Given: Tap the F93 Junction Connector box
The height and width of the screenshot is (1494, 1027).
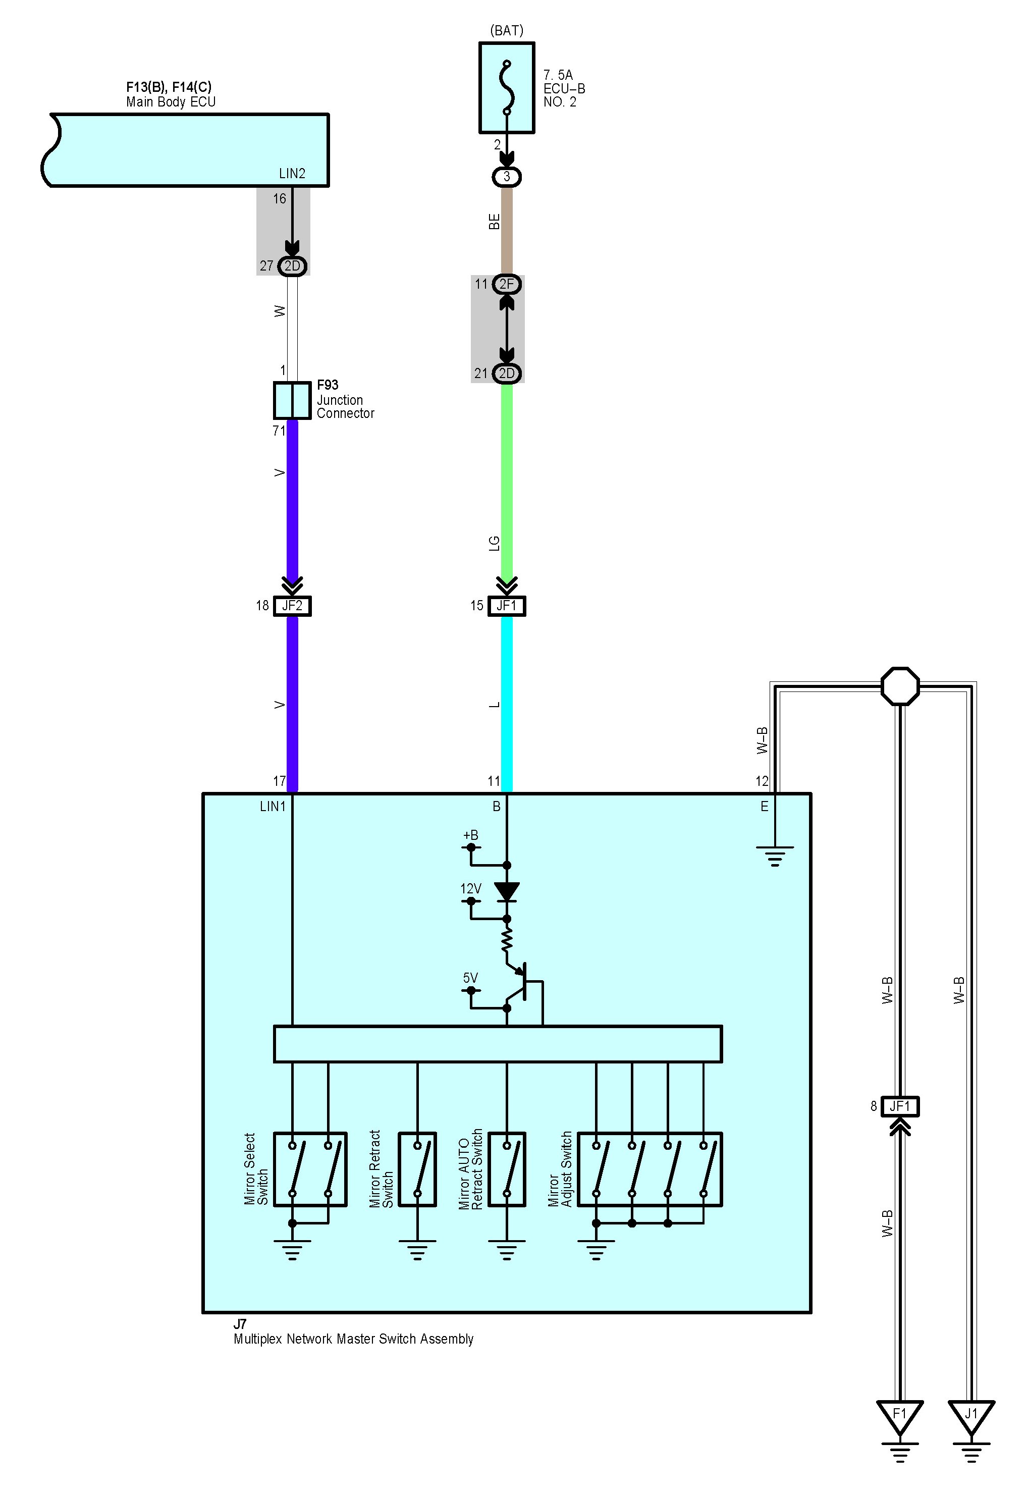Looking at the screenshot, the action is [x=292, y=400].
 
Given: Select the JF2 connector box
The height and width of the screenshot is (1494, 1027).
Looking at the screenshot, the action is [x=292, y=606].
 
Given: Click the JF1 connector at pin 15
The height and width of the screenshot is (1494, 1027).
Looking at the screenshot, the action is [x=507, y=606].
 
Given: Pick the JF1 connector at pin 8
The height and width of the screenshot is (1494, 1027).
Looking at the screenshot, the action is [x=900, y=1107].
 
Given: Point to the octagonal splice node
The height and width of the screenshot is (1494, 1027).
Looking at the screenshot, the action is [x=900, y=686].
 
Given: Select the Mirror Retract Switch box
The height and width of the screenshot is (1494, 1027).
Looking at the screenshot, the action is [x=418, y=1169].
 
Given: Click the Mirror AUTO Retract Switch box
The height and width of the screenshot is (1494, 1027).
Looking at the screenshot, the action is [x=507, y=1169].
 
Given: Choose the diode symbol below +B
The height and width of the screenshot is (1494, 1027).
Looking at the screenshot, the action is [x=507, y=892].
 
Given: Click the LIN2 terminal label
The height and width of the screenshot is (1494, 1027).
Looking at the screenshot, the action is [x=292, y=174].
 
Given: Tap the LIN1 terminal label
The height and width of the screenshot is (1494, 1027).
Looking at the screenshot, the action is [x=272, y=806].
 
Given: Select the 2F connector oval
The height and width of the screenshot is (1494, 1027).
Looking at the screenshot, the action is [x=507, y=284].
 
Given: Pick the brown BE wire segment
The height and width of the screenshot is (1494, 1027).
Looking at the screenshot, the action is [x=507, y=230].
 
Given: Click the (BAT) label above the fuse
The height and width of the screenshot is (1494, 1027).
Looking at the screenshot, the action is [x=507, y=30].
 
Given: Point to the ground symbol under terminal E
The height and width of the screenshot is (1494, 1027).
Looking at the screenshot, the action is [x=775, y=856].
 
